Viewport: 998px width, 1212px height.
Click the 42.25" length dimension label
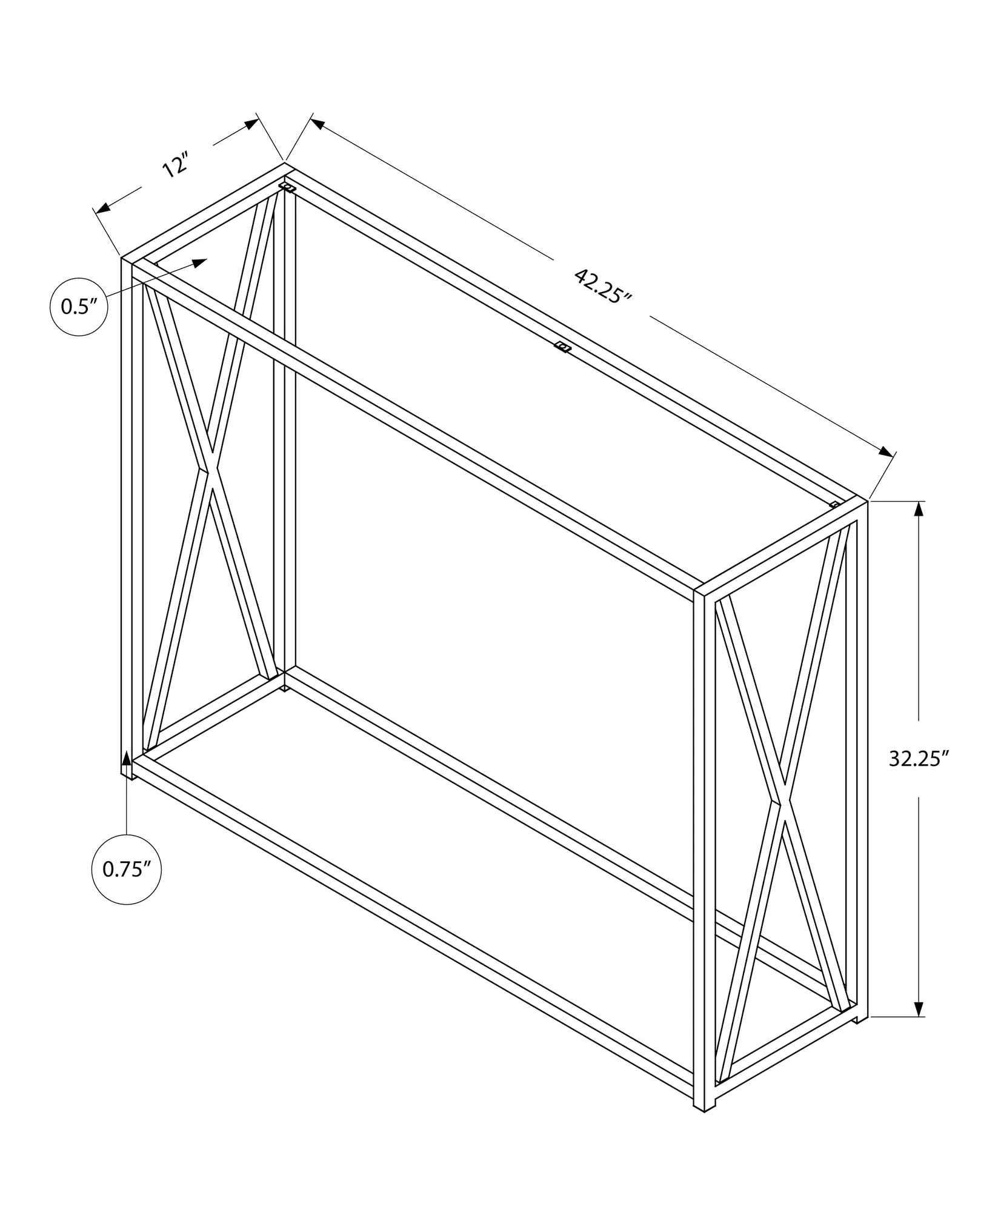tap(602, 286)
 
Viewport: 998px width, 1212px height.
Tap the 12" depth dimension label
tap(176, 164)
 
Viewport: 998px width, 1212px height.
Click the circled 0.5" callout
tap(79, 307)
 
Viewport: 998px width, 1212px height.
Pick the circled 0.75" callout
tap(126, 870)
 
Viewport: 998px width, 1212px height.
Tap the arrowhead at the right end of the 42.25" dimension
tap(886, 451)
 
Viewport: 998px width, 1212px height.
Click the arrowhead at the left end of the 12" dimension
tap(104, 207)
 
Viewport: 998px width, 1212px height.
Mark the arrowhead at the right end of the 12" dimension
tap(251, 124)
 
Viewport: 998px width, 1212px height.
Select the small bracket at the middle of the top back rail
tap(563, 347)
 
